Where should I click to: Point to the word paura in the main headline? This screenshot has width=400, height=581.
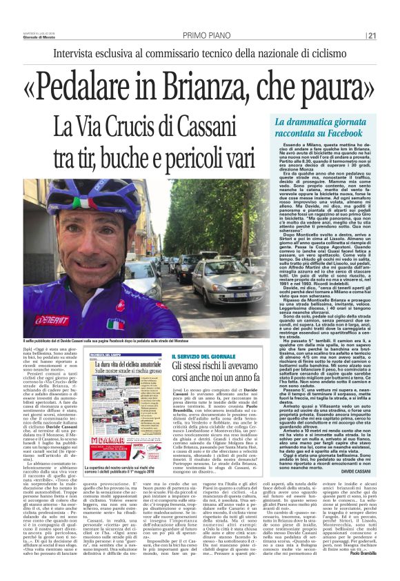[339, 82]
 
